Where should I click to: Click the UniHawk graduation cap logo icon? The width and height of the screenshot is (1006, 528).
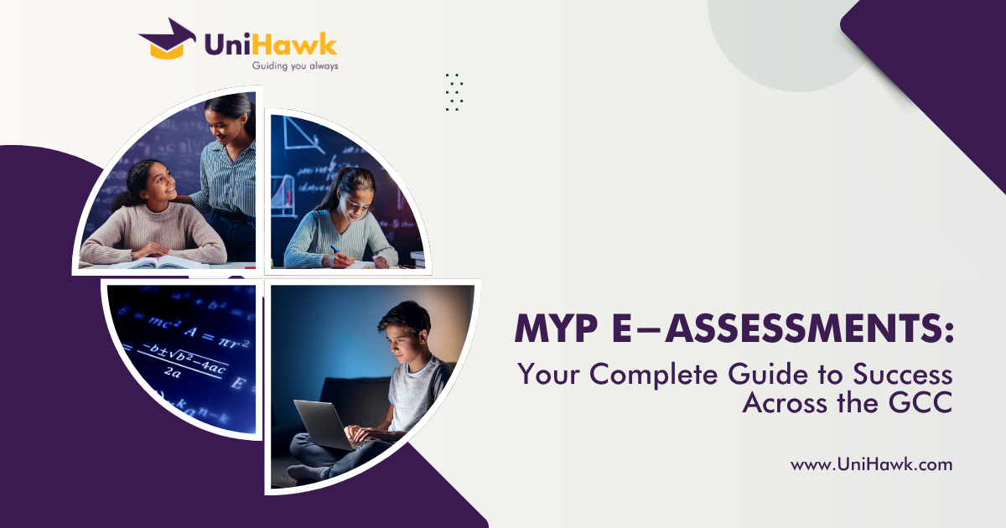[167, 39]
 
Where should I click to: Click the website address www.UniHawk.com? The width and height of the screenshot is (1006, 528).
[871, 464]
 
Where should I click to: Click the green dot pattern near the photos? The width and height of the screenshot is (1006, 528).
[454, 92]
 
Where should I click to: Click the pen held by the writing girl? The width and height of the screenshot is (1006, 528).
[336, 249]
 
